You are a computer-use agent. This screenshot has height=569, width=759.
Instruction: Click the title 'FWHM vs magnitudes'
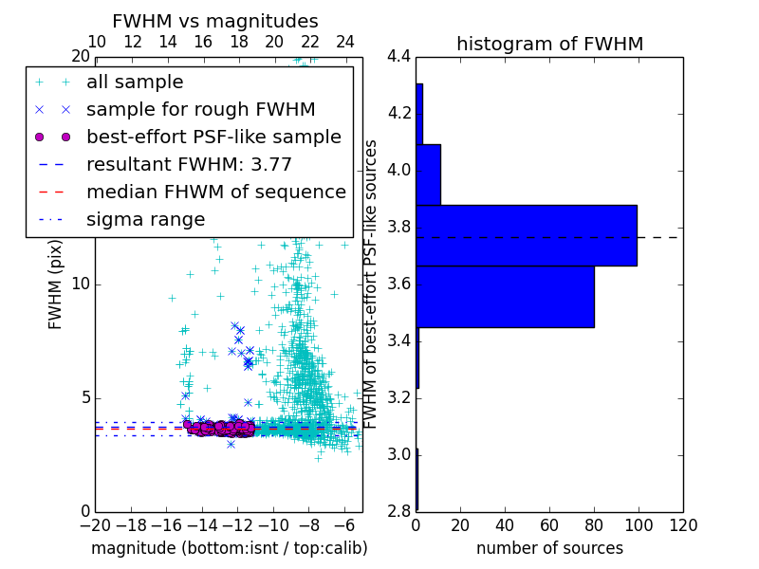point(215,21)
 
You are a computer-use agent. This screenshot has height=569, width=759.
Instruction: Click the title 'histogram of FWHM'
point(549,44)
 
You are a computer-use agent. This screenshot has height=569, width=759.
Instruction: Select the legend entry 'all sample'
point(135,83)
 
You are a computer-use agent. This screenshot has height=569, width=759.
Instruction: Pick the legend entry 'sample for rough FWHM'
point(200,109)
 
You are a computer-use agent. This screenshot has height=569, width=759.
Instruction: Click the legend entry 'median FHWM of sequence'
point(215,192)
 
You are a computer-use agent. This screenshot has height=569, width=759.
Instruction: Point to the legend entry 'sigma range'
point(145,219)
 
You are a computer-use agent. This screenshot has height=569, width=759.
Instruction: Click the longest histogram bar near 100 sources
point(527,235)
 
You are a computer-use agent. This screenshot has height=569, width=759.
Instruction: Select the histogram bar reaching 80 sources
point(505,297)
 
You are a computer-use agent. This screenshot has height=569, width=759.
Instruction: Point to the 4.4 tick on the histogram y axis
point(399,57)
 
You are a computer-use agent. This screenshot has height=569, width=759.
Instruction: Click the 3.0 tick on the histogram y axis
point(399,454)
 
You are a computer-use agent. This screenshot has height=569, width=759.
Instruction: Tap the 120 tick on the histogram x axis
point(683,525)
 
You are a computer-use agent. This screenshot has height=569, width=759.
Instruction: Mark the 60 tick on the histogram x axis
point(549,525)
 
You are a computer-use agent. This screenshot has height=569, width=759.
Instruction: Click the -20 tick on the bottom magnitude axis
point(95,525)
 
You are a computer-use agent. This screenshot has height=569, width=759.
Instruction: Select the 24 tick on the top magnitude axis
point(345,42)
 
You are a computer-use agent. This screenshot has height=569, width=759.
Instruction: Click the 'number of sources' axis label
point(549,548)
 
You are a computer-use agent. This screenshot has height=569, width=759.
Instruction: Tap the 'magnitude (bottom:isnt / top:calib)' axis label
point(229,548)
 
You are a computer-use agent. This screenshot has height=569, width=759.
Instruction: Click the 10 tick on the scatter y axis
point(81,284)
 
